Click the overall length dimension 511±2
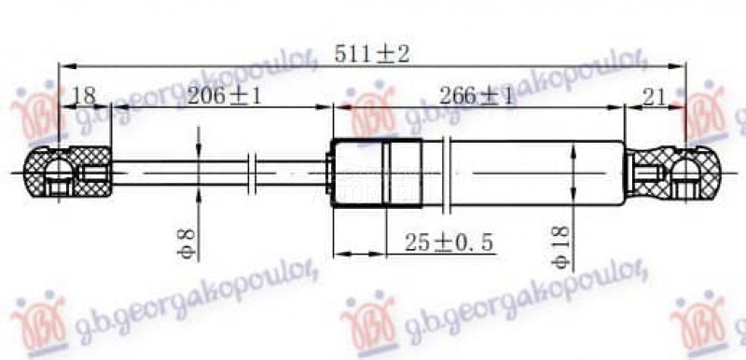tap(371, 54)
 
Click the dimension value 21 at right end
tap(653, 96)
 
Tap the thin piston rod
tap(177, 172)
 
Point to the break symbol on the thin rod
tap(251, 172)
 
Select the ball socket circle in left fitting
tap(56, 173)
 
